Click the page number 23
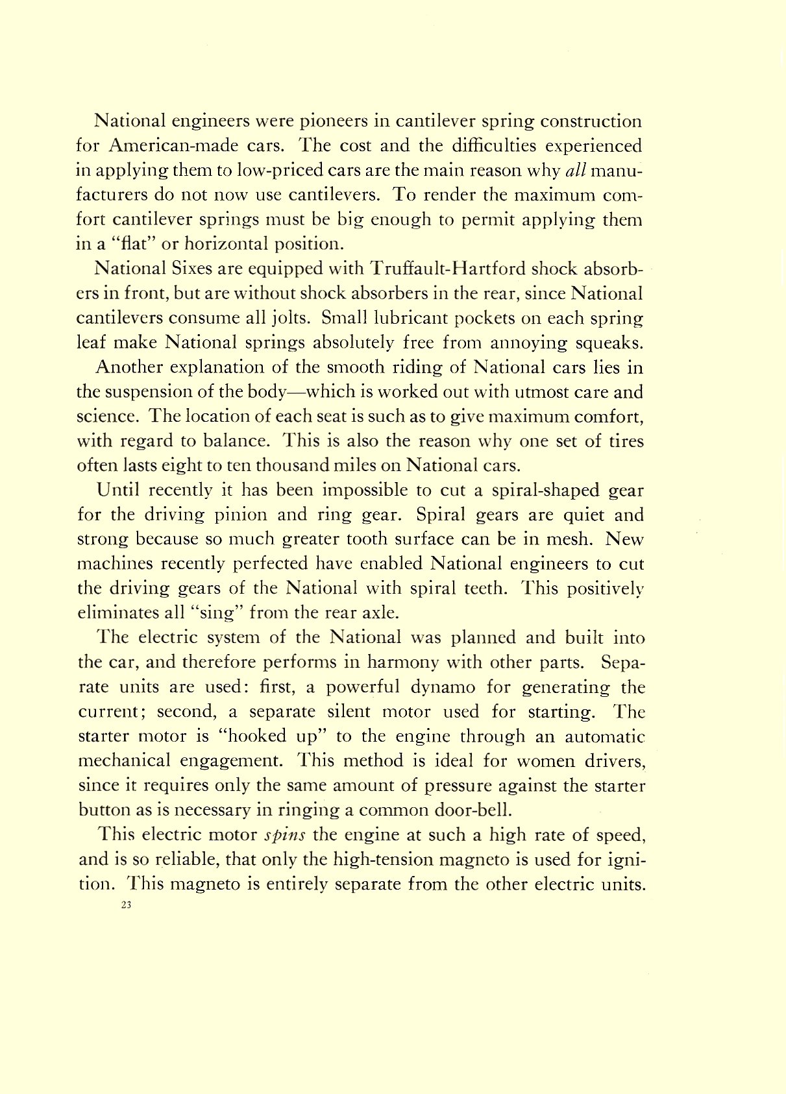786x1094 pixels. [x=126, y=906]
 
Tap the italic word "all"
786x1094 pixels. [x=576, y=170]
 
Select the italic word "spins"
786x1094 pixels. [x=286, y=834]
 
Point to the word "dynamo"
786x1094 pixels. [x=361, y=687]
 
